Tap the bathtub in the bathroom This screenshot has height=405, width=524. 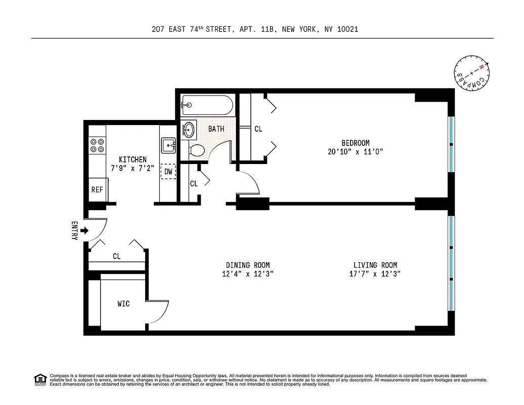click(x=207, y=106)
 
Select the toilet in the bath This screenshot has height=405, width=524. click(x=196, y=150)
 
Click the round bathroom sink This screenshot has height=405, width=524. click(x=188, y=129)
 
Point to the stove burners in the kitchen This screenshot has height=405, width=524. click(x=97, y=145)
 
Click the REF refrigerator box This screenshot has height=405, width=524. click(x=97, y=190)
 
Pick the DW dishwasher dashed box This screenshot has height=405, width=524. click(x=168, y=172)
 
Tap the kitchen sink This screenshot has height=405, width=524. click(x=168, y=146)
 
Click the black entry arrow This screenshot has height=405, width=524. click(x=84, y=231)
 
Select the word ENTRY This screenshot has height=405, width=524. click(x=74, y=231)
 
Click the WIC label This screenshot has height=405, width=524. click(x=123, y=304)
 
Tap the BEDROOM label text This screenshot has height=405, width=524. click(x=355, y=143)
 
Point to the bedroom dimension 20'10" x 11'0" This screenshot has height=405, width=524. click(x=355, y=152)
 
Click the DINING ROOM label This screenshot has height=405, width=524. click(x=247, y=265)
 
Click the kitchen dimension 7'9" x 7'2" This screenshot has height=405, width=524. click(x=133, y=169)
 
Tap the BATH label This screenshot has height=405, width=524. click(x=216, y=129)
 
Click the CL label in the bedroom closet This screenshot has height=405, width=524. click(x=258, y=129)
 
